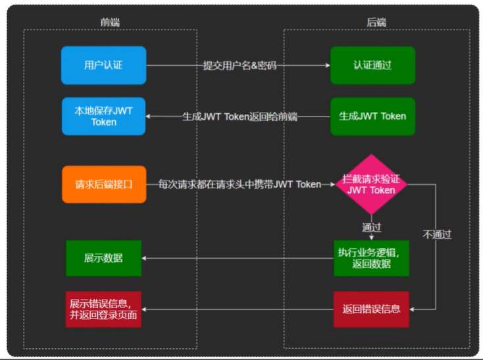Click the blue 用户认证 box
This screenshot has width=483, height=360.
pyautogui.click(x=103, y=65)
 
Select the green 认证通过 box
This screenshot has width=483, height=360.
pyautogui.click(x=372, y=65)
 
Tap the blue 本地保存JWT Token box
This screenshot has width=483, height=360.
pyautogui.click(x=103, y=116)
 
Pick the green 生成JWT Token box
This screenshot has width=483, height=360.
pyautogui.click(x=372, y=116)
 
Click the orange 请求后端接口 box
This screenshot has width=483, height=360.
pyautogui.click(x=103, y=184)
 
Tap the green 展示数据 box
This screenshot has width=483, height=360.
pyautogui.click(x=103, y=258)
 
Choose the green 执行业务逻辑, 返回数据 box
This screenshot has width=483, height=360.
pyautogui.click(x=372, y=258)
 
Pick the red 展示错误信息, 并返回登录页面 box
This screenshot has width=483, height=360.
pyautogui.click(x=103, y=309)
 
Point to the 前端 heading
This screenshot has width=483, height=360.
pyautogui.click(x=109, y=22)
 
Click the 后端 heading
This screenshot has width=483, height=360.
pyautogui.click(x=376, y=22)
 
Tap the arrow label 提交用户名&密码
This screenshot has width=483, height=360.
pyautogui.click(x=240, y=65)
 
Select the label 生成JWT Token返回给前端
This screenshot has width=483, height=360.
pyautogui.click(x=240, y=116)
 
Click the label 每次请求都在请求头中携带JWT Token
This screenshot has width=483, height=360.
pyautogui.click(x=240, y=184)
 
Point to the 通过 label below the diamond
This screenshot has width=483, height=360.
pyautogui.click(x=372, y=227)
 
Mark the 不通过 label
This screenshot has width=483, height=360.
pyautogui.click(x=437, y=234)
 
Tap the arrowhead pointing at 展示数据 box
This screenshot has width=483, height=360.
pyautogui.click(x=147, y=258)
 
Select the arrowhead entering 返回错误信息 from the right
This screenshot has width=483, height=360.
pyautogui.click(x=413, y=309)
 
